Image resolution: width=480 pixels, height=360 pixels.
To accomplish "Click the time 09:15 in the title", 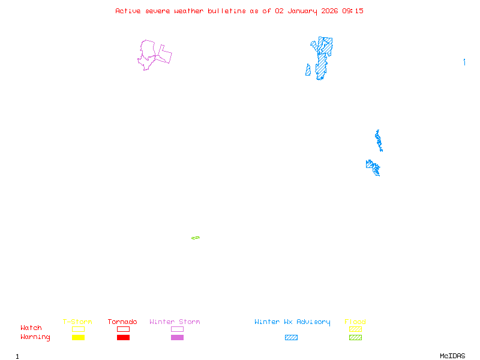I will coord(353,11).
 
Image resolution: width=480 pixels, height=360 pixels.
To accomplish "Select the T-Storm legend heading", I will coord(77,322).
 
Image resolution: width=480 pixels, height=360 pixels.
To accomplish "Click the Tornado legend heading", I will coord(122,322).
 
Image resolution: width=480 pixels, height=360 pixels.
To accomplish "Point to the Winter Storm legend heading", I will coord(175,322).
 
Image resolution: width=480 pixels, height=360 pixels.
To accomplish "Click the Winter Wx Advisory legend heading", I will coord(292,322).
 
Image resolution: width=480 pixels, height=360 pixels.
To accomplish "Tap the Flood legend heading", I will coord(355,322).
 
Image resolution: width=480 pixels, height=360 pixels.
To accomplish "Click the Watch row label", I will coord(31,328).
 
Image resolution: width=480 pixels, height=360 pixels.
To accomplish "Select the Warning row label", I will coord(35,337).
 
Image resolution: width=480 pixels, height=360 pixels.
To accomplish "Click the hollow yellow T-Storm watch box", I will coord(78,329).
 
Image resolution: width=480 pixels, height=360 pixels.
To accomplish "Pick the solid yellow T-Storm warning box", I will coord(78,338).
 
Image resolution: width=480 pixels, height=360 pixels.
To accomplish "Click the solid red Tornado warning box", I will coord(123,338).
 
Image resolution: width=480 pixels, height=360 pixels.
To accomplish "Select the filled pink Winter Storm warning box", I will coord(177,338).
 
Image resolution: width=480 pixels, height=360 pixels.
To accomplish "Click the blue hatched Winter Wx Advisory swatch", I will coord(291,338).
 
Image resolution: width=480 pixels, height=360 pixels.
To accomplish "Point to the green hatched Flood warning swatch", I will coord(355,338).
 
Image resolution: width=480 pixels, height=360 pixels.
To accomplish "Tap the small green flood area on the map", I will coord(196,238).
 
